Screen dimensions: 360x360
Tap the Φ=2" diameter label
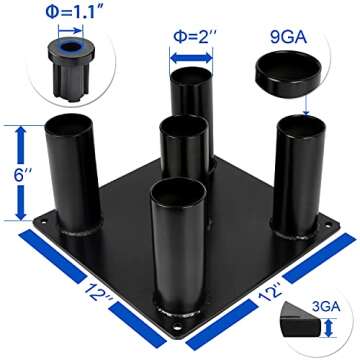coord(190,37)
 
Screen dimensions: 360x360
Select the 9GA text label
coord(288,37)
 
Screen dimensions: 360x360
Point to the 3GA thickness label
coord(326,307)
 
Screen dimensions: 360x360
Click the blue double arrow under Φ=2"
coord(191,58)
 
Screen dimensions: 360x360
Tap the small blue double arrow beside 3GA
coord(329,327)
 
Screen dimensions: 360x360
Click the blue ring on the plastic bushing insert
coord(71,47)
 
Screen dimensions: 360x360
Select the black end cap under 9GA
coord(288,74)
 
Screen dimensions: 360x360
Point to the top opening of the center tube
coord(184,126)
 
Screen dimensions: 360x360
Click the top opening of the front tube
coord(178,189)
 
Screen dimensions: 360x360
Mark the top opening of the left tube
coord(68,124)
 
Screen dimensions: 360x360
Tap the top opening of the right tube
coord(302,126)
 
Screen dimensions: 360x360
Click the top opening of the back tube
coord(191,75)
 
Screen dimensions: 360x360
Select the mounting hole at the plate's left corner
coord(44,221)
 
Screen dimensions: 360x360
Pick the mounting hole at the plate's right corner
coord(329,225)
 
